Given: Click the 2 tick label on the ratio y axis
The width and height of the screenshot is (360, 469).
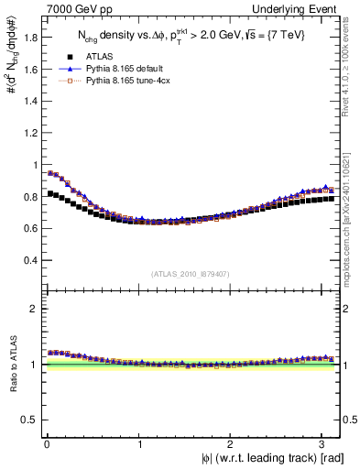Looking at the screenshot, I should coord(34,309).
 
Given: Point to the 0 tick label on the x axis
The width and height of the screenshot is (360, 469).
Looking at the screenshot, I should coord(46,443).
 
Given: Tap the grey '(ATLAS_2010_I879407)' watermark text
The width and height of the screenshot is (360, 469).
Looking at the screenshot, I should coord(191,273).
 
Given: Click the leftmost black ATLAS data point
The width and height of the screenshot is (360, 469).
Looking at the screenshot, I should coord(50,193).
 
